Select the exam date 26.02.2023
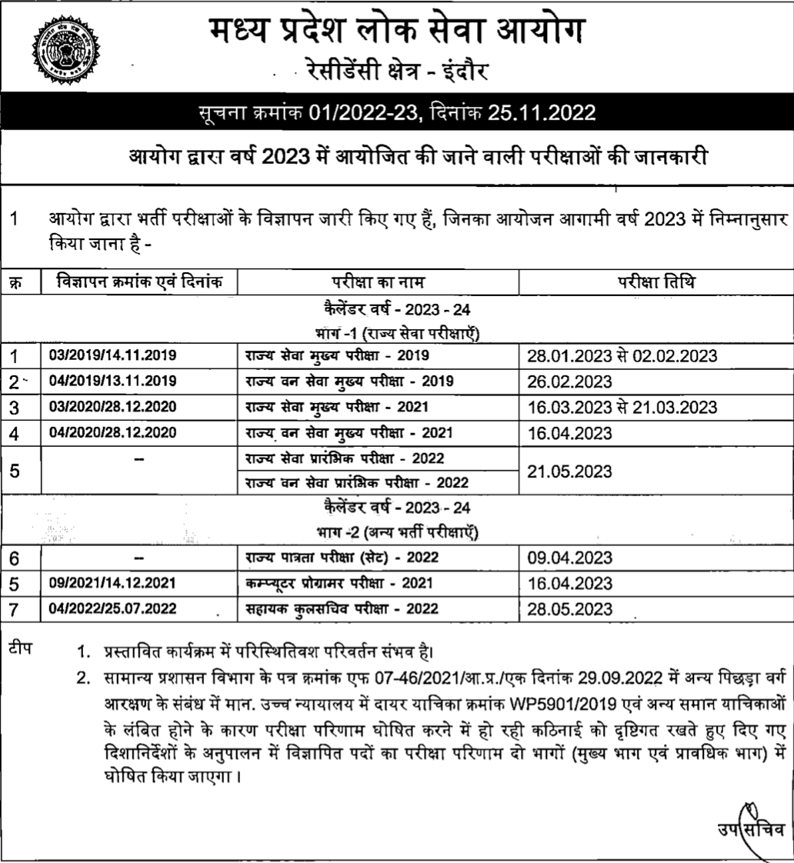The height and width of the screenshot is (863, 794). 569,382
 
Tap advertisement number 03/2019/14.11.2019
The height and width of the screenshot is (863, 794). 113,356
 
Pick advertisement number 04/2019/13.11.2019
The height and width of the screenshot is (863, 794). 113,382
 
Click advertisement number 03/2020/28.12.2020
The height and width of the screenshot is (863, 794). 113,407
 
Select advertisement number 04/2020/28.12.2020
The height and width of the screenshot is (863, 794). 113,432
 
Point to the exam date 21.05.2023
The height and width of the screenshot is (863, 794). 569,470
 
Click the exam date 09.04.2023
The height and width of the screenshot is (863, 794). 569,558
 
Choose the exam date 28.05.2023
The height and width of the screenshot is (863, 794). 569,608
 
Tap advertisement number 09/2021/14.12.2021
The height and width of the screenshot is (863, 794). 113,583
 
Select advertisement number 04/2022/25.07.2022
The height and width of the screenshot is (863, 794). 113,608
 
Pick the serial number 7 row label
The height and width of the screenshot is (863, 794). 13,608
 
